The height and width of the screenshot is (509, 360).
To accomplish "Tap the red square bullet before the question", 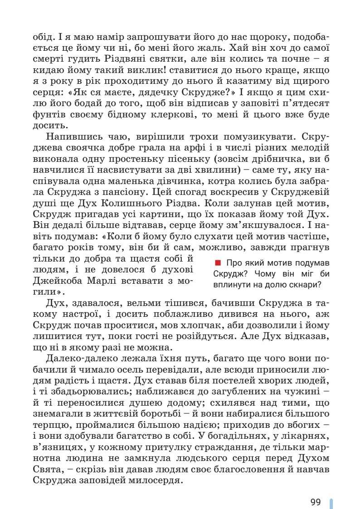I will [x=217, y=263].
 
